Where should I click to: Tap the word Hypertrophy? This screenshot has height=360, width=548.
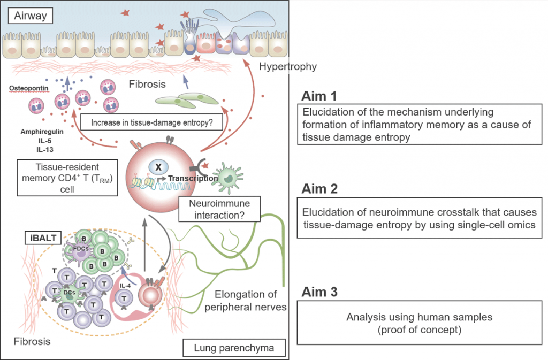click(288, 67)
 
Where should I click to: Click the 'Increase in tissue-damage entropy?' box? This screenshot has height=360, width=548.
click(152, 122)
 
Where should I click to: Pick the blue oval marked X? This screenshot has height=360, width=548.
click(158, 167)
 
